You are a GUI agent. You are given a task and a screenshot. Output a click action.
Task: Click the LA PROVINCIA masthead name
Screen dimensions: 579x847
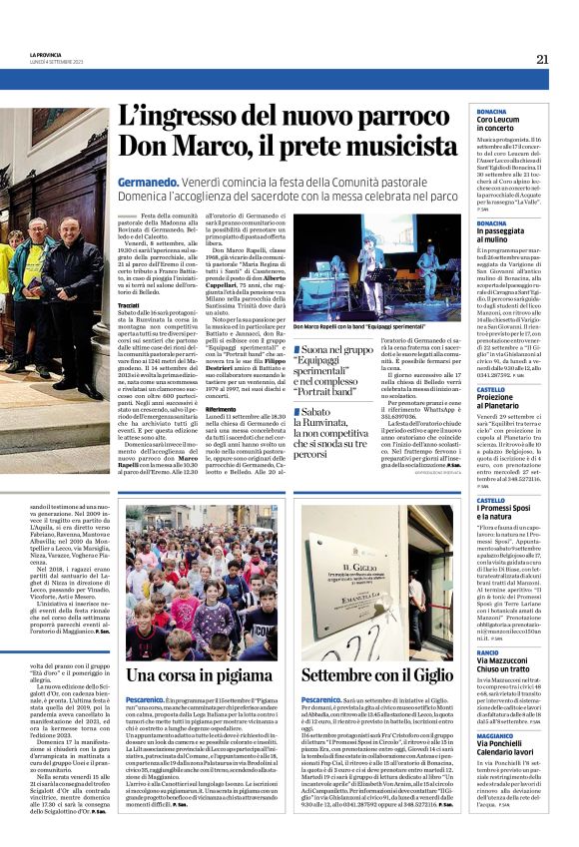pos(46,55)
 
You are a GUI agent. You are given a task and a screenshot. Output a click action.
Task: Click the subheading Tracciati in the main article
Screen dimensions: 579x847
pos(129,305)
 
